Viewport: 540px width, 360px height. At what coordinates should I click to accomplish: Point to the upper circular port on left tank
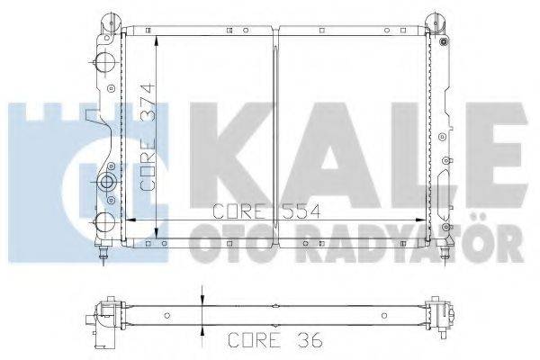(105, 63)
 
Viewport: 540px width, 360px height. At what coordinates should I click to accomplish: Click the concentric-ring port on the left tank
(105, 184)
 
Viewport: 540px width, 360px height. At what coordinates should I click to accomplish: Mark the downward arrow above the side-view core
(203, 295)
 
